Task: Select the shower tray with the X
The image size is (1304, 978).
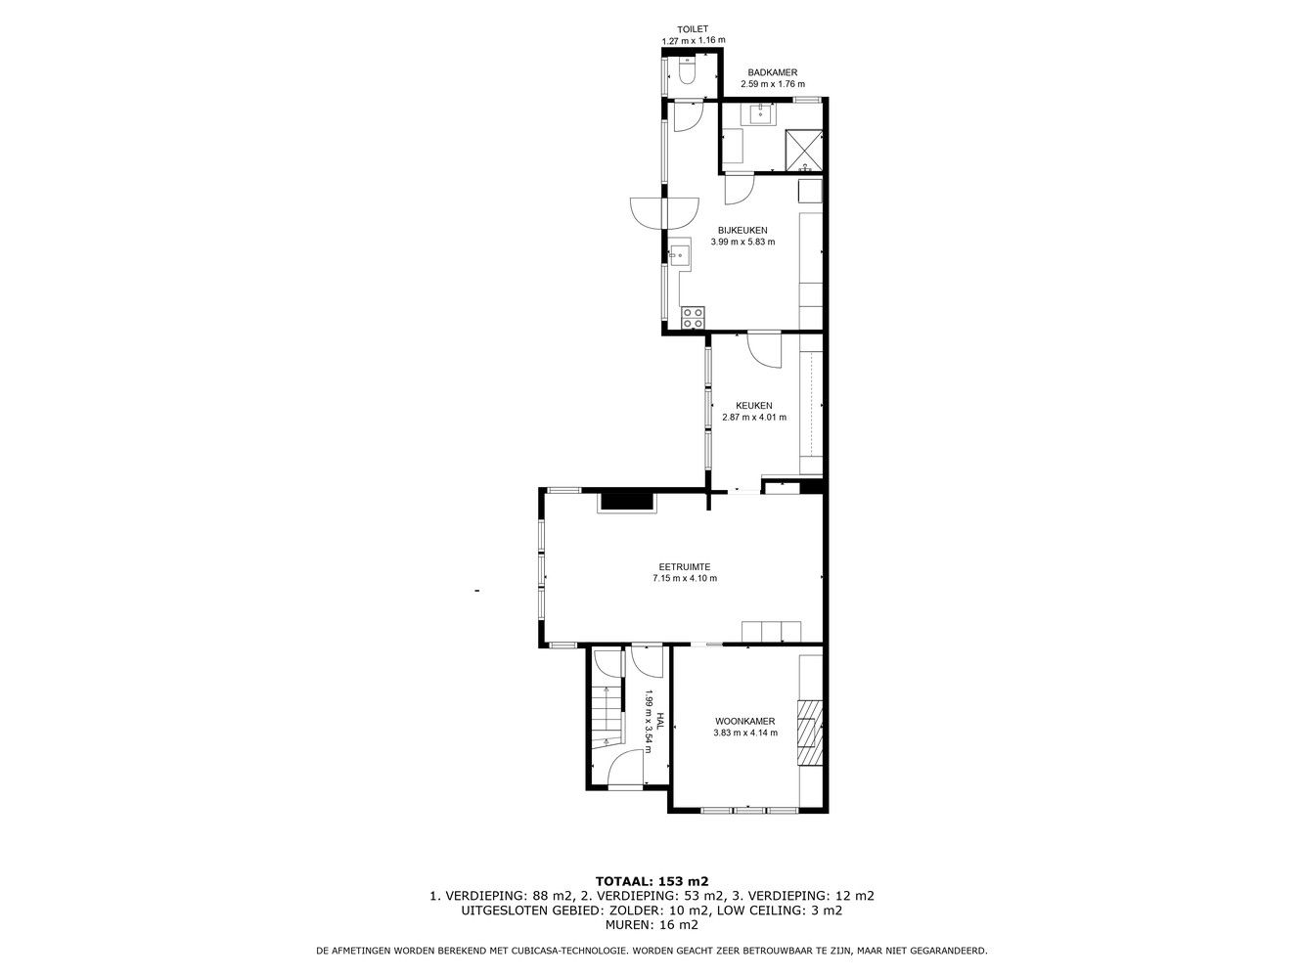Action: coord(804,151)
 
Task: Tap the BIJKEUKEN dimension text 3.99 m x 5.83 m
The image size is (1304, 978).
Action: coord(742,242)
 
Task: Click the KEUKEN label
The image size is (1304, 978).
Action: coord(754,406)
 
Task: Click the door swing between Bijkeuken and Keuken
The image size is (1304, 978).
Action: coord(765,350)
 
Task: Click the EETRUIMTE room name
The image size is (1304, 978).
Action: coord(685,567)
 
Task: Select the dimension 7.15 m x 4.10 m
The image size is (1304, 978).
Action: coord(685,578)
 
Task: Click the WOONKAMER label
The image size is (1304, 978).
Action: coord(745,722)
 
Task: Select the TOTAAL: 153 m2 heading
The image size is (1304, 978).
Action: coord(652,881)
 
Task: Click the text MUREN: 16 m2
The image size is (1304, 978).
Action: coord(652,924)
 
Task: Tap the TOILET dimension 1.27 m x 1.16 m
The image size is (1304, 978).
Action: coord(694,40)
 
